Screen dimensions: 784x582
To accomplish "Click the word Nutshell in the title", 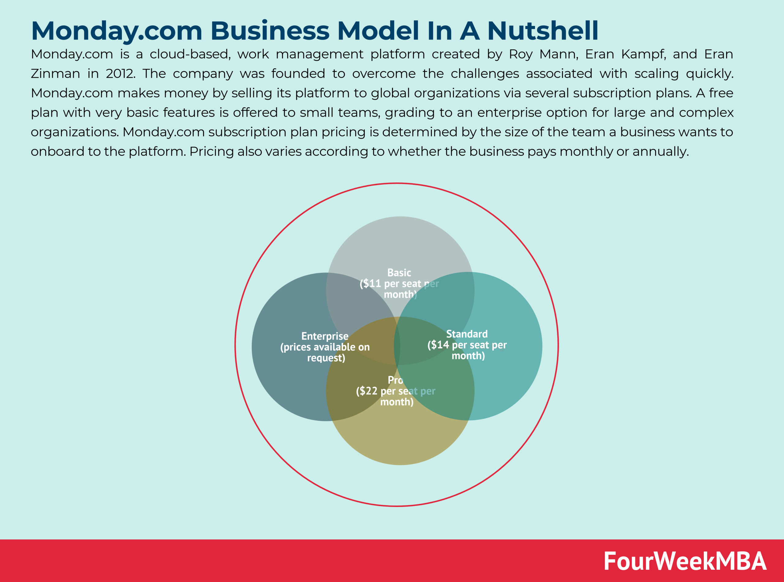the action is (x=543, y=31).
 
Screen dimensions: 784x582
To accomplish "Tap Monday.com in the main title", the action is (x=117, y=31).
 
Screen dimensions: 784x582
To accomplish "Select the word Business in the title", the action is (x=270, y=31).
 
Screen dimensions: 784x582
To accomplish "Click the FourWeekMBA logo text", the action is (x=685, y=561).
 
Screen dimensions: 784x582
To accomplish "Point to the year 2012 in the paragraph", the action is (x=120, y=74).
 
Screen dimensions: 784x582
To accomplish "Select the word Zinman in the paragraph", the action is (x=55, y=74).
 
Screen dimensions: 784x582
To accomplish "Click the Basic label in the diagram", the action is (x=399, y=273).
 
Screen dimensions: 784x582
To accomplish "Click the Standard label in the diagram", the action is (x=467, y=334).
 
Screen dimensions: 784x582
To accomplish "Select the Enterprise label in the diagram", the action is (x=325, y=336).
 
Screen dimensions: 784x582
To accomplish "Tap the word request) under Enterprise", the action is (x=326, y=358).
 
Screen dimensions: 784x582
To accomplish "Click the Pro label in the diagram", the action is (x=395, y=381).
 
